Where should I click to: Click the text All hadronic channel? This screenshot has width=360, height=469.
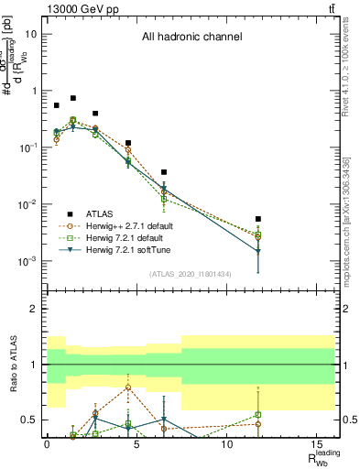pos(191,38)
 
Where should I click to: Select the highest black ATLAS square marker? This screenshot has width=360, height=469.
pos(73,98)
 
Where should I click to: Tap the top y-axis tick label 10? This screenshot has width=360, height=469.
pos(31,34)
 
